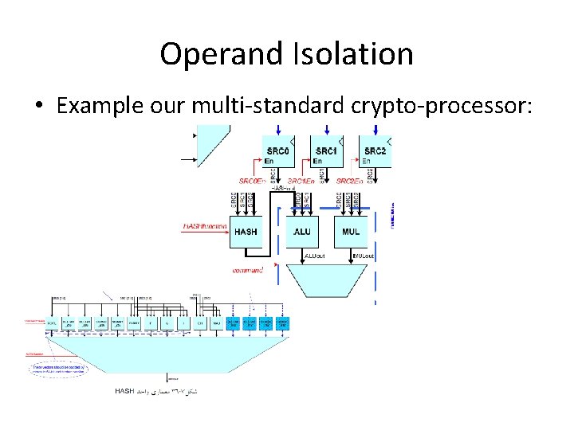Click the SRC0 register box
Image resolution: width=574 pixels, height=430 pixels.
(278, 151)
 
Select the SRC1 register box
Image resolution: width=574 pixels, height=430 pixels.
(326, 151)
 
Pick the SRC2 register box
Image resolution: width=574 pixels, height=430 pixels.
(375, 151)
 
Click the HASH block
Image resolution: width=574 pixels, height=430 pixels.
(246, 231)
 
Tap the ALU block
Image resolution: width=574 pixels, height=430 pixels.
(302, 231)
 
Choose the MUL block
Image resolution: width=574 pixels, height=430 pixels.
(351, 231)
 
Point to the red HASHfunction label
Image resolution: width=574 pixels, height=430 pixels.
(205, 227)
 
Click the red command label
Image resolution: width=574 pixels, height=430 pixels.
(247, 269)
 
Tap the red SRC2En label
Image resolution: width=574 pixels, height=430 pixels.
(349, 182)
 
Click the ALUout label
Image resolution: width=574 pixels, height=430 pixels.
(316, 256)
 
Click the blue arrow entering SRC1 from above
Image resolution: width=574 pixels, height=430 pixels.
(326, 130)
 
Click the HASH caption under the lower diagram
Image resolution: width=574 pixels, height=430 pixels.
(125, 390)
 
